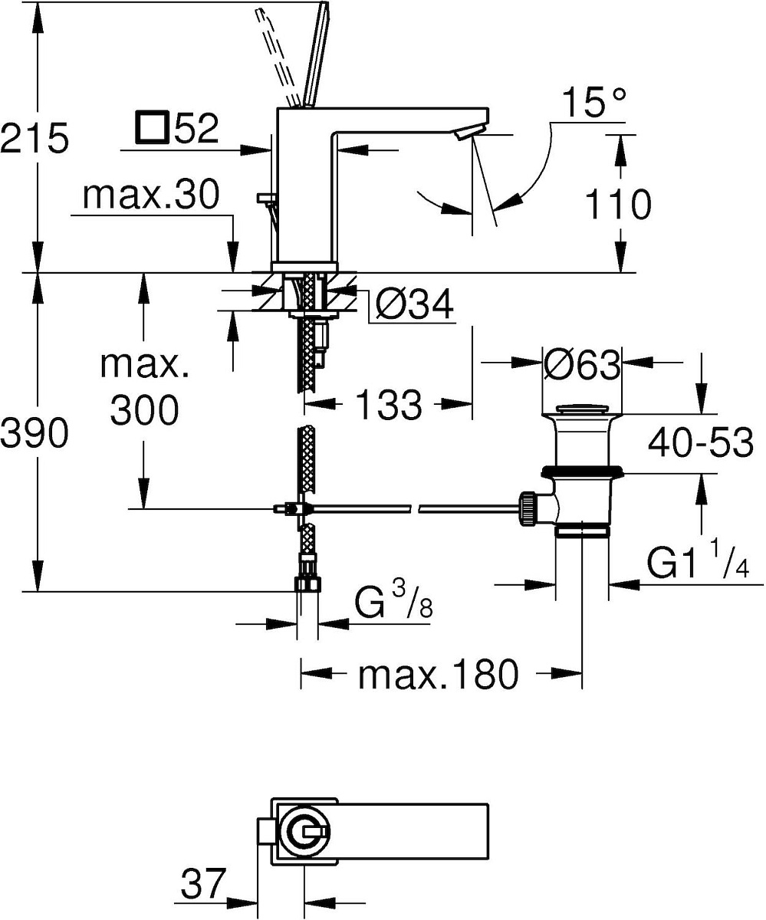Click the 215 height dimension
35,137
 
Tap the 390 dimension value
35,432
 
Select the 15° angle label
594,102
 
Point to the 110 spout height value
618,204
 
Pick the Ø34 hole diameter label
414,304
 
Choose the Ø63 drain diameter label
582,364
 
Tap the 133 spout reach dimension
388,404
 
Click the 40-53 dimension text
701,442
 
